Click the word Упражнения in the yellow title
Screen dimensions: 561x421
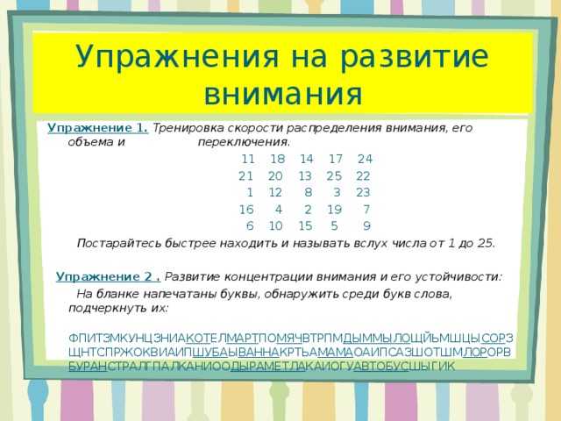[177, 56]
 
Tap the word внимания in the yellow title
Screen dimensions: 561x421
[283, 94]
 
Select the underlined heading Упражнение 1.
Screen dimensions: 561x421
[97, 128]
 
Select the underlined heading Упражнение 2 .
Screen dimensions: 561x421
[109, 277]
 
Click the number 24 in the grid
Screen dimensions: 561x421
[365, 159]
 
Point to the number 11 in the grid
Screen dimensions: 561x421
[248, 159]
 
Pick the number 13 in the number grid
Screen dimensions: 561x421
[305, 176]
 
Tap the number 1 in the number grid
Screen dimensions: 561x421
[250, 193]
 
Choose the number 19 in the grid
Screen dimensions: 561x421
[335, 210]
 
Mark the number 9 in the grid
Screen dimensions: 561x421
[366, 226]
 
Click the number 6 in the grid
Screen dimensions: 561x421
[250, 226]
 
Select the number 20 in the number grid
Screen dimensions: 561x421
[275, 176]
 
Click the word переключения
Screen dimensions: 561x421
[244, 142]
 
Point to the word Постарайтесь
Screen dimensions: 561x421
[119, 244]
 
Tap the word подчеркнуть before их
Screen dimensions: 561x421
[106, 308]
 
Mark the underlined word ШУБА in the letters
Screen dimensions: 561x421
[210, 353]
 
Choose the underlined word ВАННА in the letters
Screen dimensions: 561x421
[259, 353]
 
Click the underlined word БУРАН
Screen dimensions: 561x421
[88, 367]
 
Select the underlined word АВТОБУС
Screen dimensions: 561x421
[380, 367]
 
